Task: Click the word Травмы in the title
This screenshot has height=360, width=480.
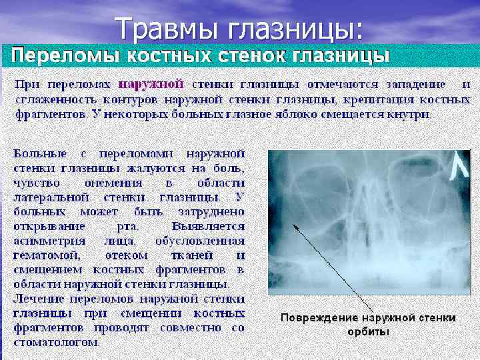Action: pyautogui.click(x=170, y=28)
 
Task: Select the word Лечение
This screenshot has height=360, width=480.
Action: pyautogui.click(x=37, y=299)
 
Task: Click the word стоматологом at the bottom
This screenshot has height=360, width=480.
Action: pyautogui.click(x=57, y=343)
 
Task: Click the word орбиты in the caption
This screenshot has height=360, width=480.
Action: pyautogui.click(x=369, y=331)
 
